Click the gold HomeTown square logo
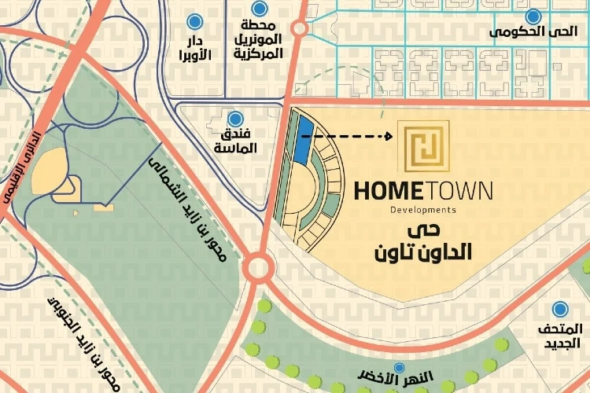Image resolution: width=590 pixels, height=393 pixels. click(x=423, y=147)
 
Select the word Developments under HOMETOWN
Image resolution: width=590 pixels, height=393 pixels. click(x=423, y=211)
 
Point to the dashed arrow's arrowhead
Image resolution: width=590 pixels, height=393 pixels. click(x=389, y=137)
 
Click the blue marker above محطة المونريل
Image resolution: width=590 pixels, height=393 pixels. click(x=259, y=13)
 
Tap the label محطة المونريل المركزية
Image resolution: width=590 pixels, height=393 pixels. click(x=258, y=43)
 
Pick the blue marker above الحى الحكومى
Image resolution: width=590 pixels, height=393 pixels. click(x=535, y=16)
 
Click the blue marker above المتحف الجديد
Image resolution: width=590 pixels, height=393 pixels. click(x=561, y=310)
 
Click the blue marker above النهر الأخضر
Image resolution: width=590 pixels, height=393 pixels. click(x=399, y=367)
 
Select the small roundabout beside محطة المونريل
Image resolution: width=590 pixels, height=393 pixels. click(x=299, y=29)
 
